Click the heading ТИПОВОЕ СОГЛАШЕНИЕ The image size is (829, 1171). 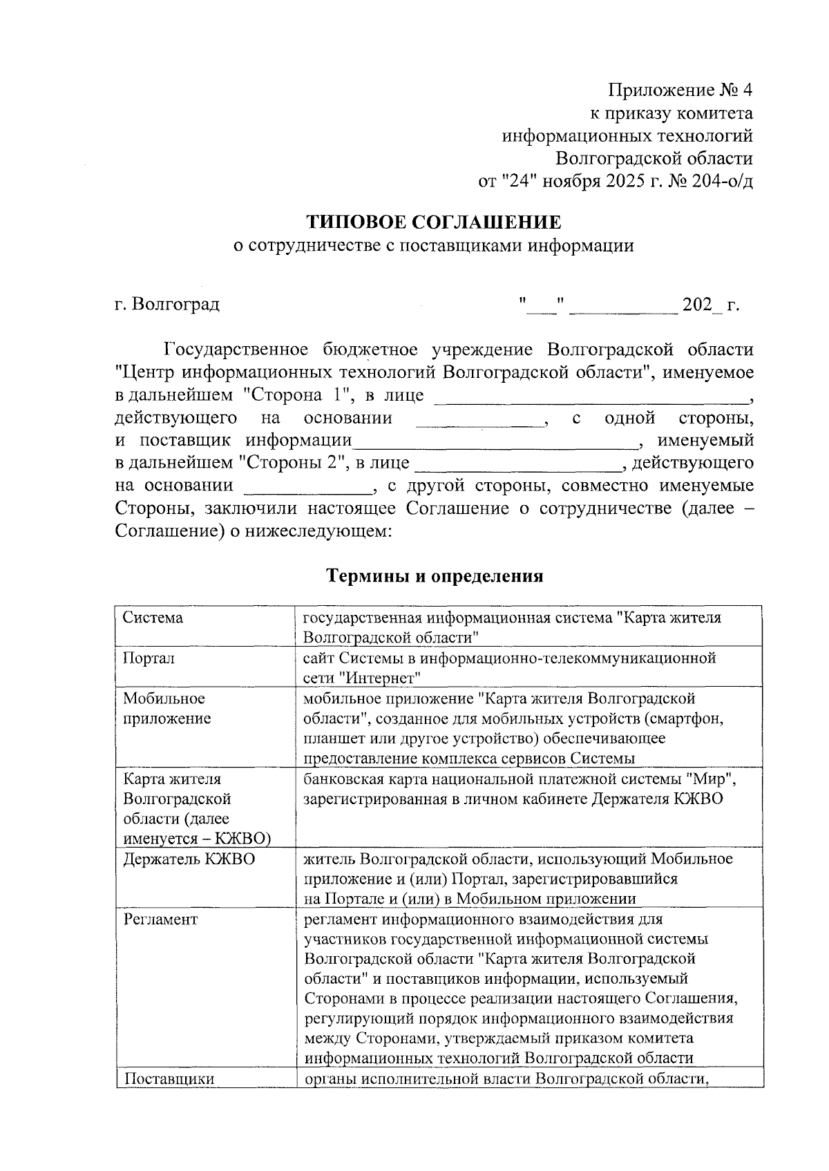(433, 222)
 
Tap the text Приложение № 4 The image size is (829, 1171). (680, 91)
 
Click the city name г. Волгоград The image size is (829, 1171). (167, 304)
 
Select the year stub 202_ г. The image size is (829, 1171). (710, 305)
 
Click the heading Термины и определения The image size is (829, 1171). (435, 575)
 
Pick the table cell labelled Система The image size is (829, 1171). (153, 617)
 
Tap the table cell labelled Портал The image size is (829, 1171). (149, 658)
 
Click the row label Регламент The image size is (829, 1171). (160, 920)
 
